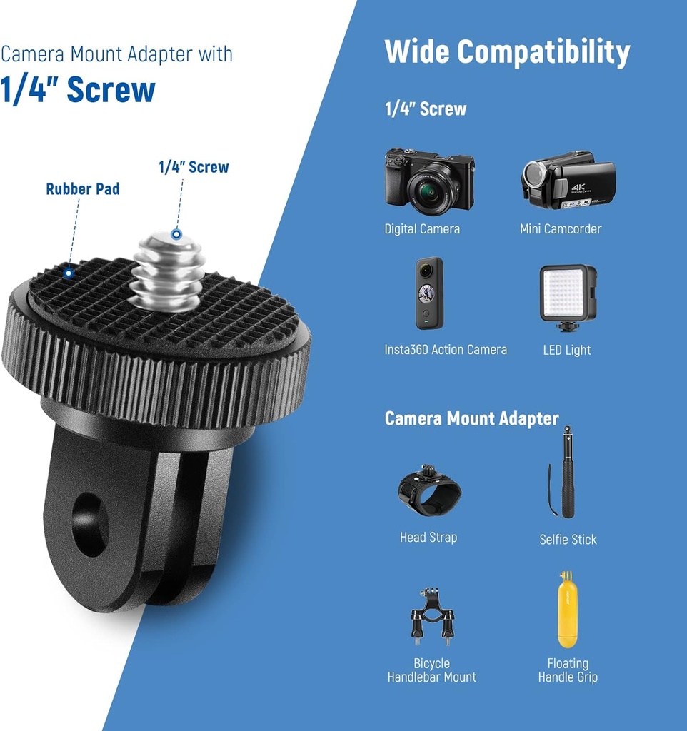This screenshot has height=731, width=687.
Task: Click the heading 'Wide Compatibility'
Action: pyautogui.click(x=507, y=53)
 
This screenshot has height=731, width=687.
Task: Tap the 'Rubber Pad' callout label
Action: pyautogui.click(x=82, y=189)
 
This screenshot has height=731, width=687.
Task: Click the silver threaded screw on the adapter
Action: pyautogui.click(x=169, y=271)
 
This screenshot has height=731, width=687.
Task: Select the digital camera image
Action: pyautogui.click(x=429, y=179)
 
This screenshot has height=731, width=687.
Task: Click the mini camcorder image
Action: pyautogui.click(x=568, y=179)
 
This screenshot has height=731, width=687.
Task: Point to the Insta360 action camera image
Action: pyautogui.click(x=430, y=293)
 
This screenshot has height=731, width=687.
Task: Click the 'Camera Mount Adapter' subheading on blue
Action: pyautogui.click(x=471, y=418)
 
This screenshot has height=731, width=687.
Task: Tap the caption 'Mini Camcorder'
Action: pyautogui.click(x=561, y=229)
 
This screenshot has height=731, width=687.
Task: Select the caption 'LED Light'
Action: pyautogui.click(x=567, y=350)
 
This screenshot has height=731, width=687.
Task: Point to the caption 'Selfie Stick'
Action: pyautogui.click(x=568, y=540)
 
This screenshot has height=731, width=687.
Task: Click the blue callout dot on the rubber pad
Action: pyautogui.click(x=69, y=272)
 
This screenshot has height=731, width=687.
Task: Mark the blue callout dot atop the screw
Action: pyautogui.click(x=176, y=234)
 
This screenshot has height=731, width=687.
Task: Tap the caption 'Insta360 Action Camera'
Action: pyautogui.click(x=446, y=350)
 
